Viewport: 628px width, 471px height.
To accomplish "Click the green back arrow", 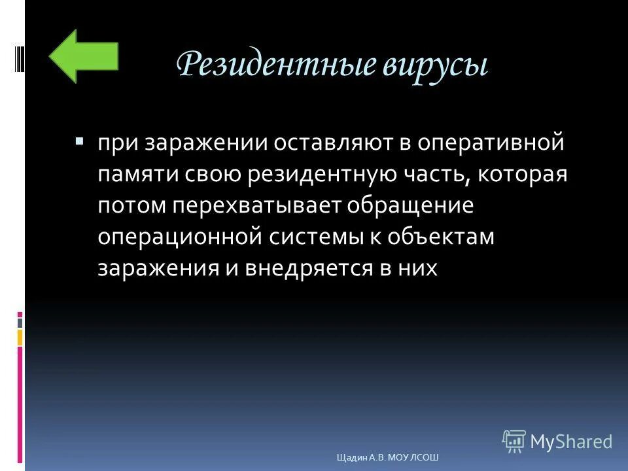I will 82,56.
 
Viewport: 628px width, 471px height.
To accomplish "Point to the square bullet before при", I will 79,141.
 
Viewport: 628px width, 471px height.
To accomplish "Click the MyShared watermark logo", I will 557,442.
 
